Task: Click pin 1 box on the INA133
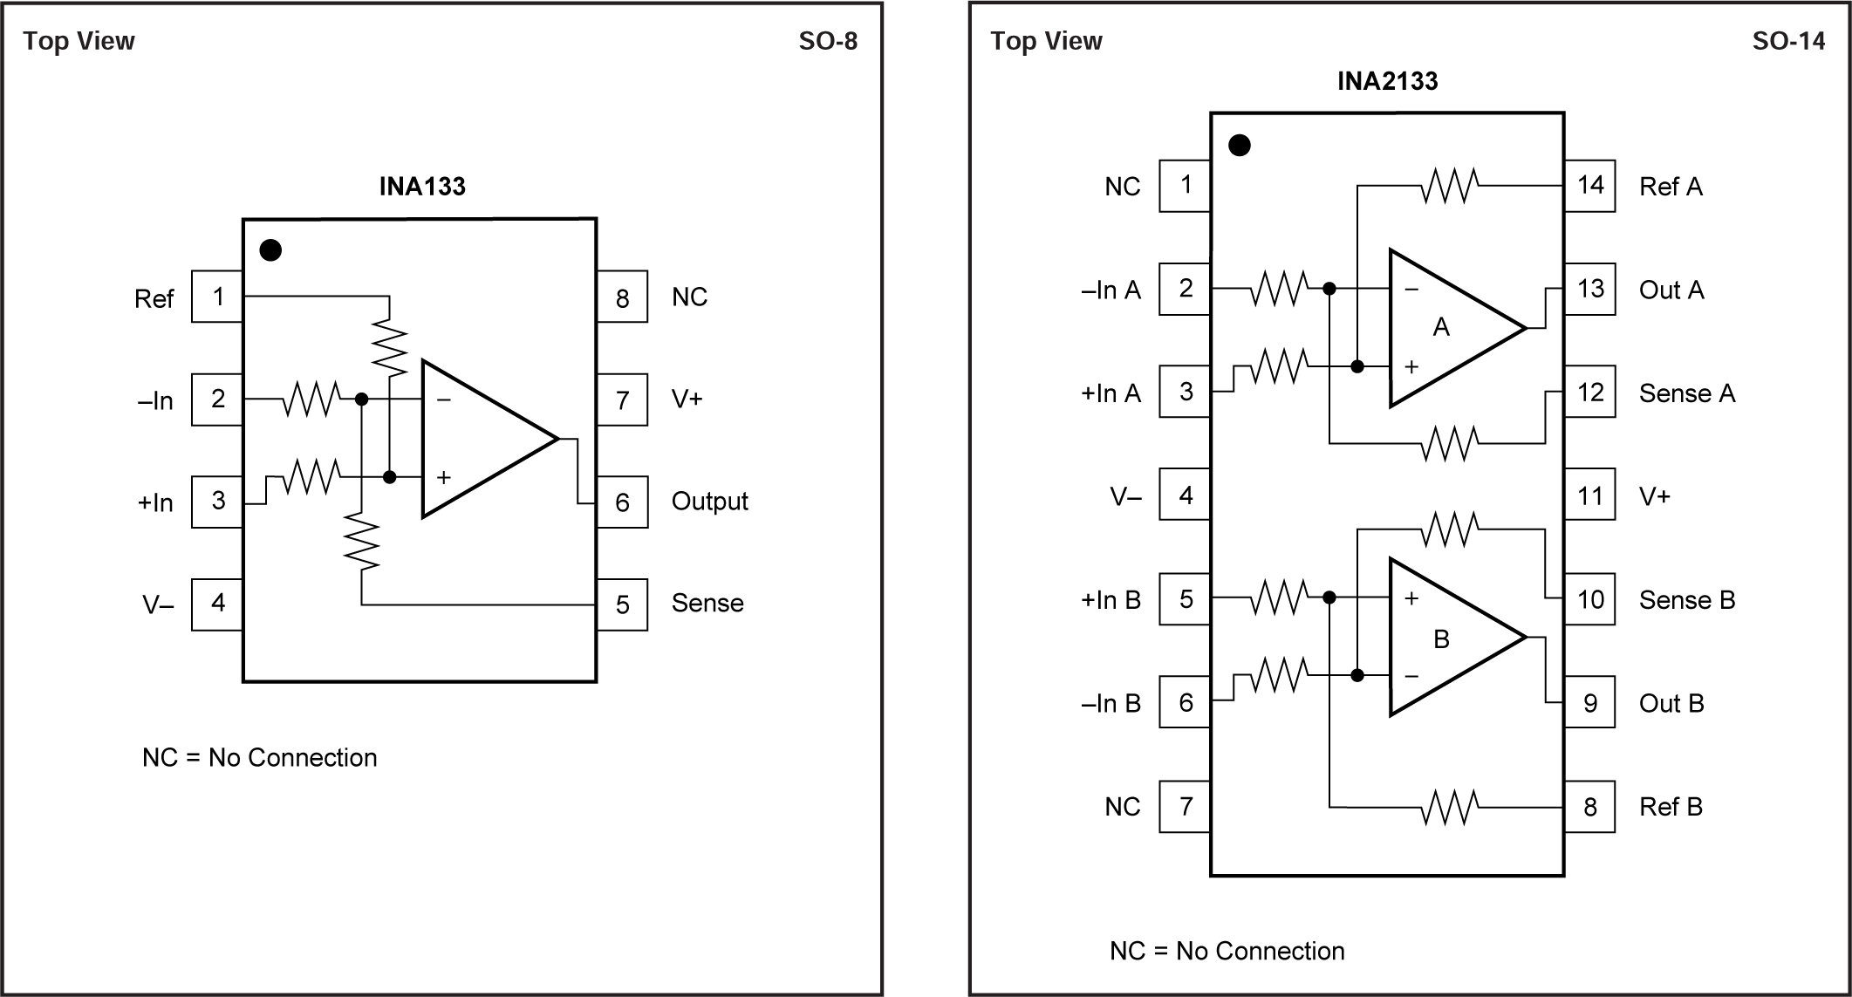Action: [217, 297]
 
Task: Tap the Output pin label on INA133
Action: [709, 502]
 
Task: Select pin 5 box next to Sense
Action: [622, 604]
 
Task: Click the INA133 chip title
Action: [422, 187]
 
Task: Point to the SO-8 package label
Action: [828, 41]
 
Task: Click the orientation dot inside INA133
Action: [270, 250]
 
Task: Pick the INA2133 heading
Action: [1387, 81]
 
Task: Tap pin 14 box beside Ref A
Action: [1589, 186]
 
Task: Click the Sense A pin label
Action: [1686, 393]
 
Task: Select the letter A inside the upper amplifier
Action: [1441, 327]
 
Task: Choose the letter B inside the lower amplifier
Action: [1441, 639]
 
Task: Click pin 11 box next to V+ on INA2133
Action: [1589, 496]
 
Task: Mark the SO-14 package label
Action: [1788, 41]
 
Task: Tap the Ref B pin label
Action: [1671, 807]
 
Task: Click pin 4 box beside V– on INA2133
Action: [1185, 495]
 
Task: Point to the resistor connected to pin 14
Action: [1449, 186]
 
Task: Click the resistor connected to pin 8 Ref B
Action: [1449, 807]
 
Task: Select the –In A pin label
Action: [1111, 290]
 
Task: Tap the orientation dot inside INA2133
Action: [1239, 146]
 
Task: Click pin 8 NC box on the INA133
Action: [622, 297]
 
